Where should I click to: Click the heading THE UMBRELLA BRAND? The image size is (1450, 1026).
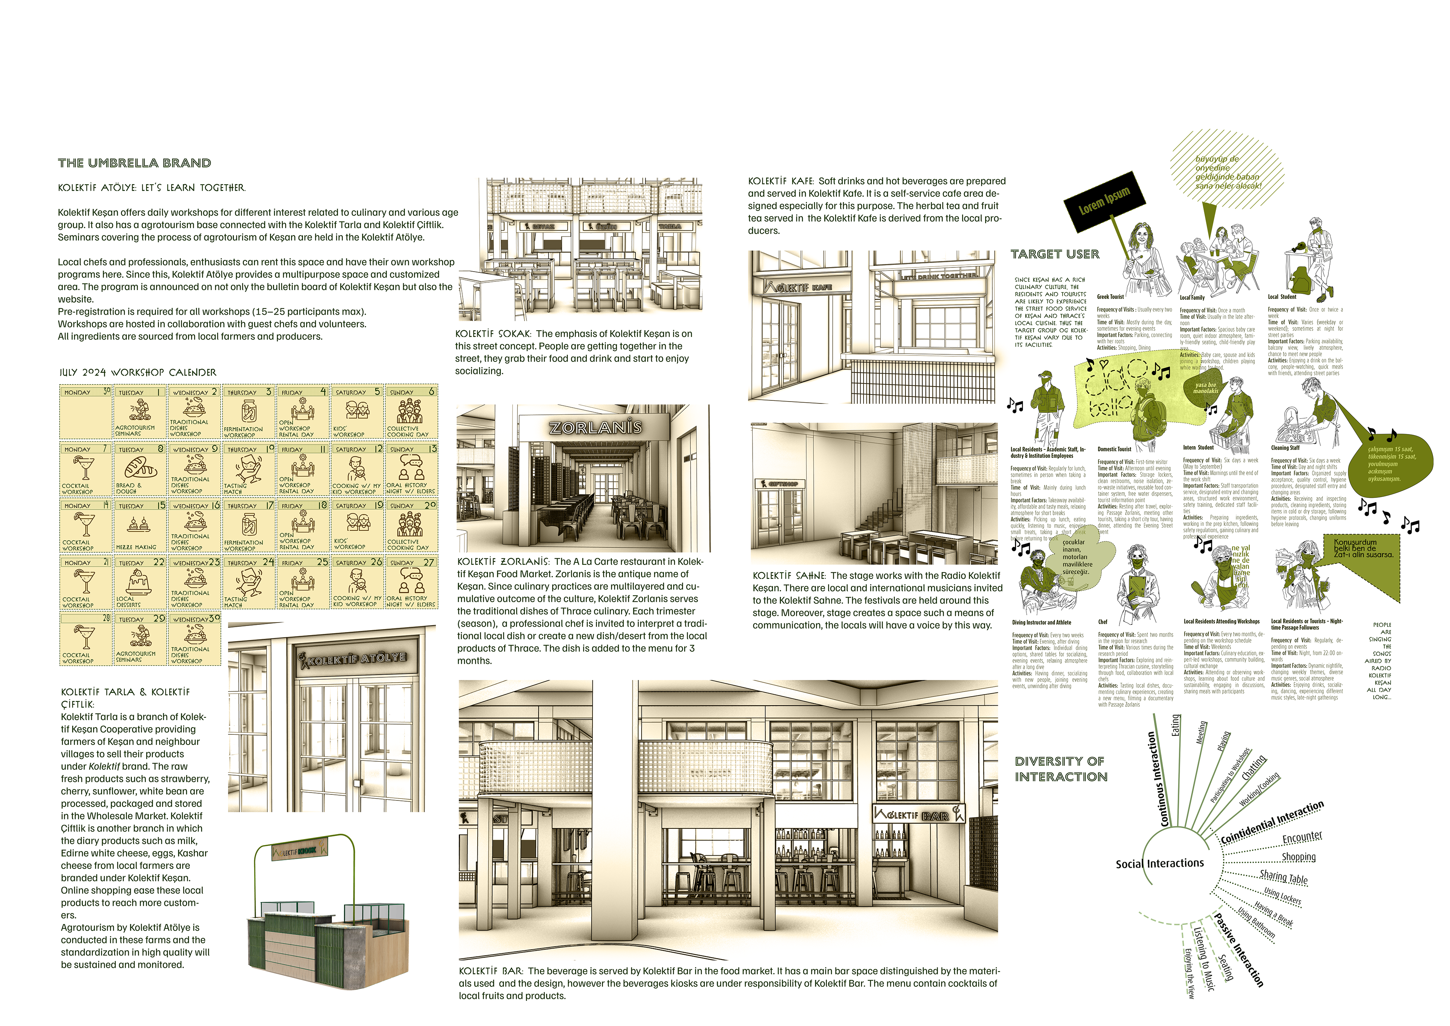pos(134,163)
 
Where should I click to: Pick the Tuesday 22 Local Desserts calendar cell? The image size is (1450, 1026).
pos(140,583)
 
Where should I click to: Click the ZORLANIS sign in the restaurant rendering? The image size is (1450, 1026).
pos(595,428)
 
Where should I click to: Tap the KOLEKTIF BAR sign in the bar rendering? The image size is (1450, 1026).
pos(918,815)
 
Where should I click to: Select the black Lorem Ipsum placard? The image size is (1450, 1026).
pos(1104,199)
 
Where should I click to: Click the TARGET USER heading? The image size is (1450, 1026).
pos(1055,254)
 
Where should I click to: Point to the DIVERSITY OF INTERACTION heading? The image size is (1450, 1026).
pos(1061,769)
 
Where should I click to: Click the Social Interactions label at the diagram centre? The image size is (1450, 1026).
pos(1160,864)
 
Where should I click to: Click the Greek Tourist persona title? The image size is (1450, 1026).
pos(1110,297)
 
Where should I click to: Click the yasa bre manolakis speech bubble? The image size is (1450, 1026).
pos(1205,388)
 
